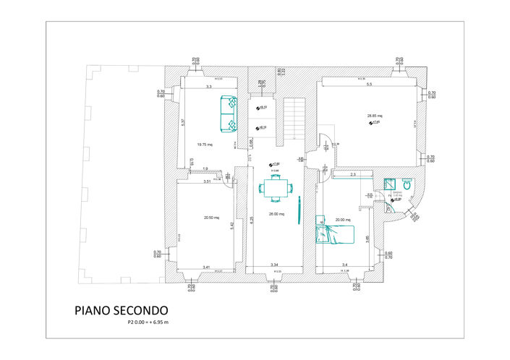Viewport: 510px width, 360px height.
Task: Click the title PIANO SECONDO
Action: (121, 310)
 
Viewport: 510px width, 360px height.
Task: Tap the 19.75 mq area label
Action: (204, 145)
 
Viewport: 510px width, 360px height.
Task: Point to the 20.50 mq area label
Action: (211, 217)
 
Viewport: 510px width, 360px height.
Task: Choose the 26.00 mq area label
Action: (276, 214)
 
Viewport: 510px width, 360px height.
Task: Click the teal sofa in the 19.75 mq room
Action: (229, 114)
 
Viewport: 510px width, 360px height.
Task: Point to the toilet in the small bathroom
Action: (407, 185)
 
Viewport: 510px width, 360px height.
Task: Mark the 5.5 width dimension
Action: (369, 85)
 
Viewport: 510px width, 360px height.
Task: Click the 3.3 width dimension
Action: (208, 87)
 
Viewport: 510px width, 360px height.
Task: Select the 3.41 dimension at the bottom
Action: (206, 267)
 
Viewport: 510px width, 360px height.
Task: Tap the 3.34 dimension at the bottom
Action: (274, 266)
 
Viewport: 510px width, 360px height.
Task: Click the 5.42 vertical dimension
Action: (232, 225)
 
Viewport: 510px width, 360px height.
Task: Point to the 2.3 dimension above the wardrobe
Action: (353, 173)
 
